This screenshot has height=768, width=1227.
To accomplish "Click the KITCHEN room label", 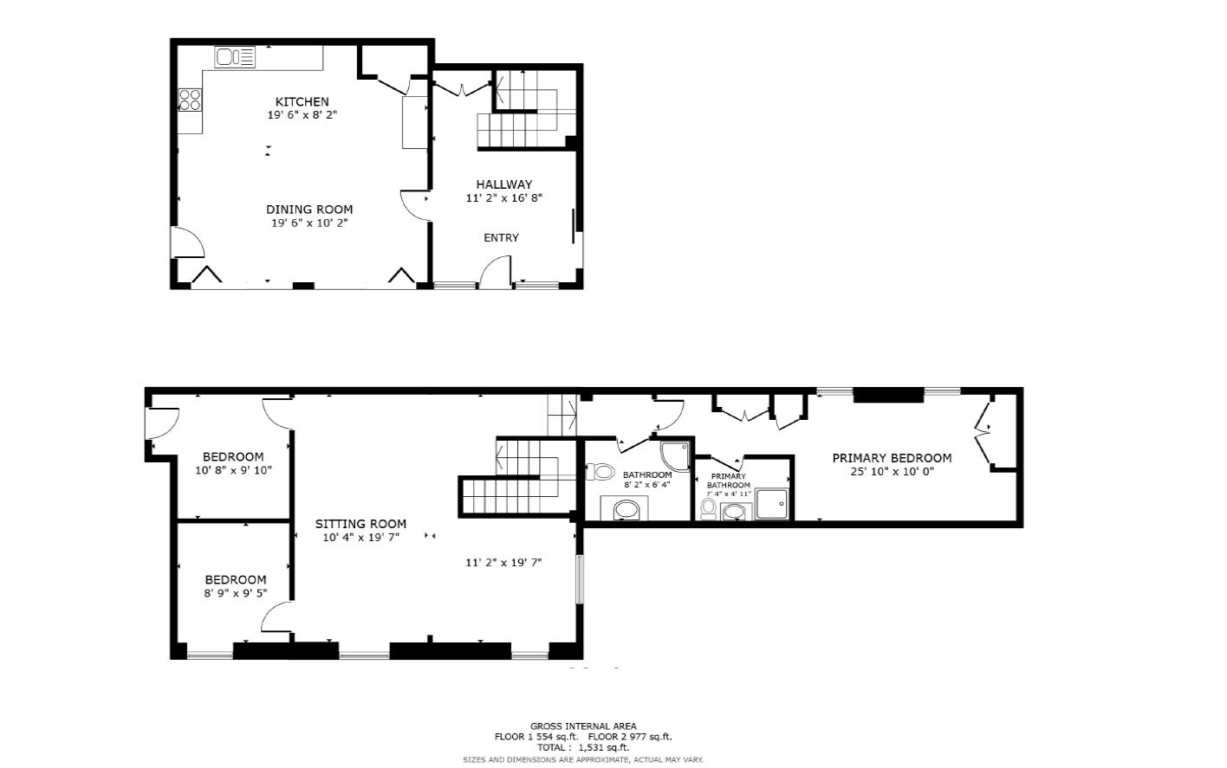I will [302, 101].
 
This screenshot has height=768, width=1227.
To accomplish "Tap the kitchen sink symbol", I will [235, 57].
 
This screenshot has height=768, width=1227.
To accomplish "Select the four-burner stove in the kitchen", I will [190, 100].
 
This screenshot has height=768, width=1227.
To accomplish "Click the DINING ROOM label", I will [308, 210].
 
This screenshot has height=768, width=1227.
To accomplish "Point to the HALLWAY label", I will [503, 184].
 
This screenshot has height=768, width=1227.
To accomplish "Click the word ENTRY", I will [501, 238].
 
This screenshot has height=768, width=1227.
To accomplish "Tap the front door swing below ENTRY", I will [493, 274].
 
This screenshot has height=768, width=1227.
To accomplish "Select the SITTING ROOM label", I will [360, 524].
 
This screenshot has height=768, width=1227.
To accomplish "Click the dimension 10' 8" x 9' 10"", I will [233, 470].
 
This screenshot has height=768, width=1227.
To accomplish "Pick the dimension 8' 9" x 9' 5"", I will [235, 593].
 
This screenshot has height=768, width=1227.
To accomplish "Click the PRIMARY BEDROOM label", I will [892, 458].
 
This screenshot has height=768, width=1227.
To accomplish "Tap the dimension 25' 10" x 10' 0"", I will [892, 472].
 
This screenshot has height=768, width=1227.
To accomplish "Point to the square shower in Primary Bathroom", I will [771, 503].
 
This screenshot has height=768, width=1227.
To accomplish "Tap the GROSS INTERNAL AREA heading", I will [582, 726].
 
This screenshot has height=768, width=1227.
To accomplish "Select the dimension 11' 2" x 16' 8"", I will [503, 198].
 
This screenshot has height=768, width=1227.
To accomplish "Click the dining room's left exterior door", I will [186, 242].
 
